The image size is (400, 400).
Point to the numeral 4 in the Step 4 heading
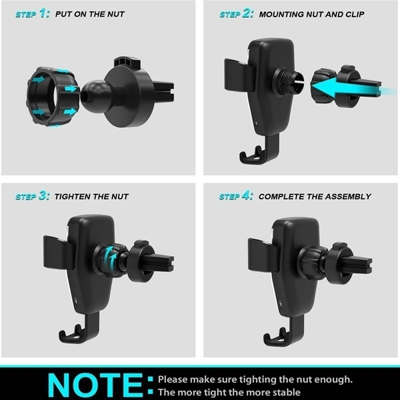pyautogui.click(x=246, y=196)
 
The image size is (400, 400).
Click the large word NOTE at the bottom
pyautogui.click(x=95, y=385)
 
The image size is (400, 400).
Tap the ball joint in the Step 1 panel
pyautogui.click(x=95, y=95)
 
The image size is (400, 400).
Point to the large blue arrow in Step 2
pyautogui.click(x=352, y=89)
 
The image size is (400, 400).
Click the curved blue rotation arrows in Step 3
pyautogui.click(x=109, y=257)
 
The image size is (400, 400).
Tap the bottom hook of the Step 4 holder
pyautogui.click(x=283, y=333)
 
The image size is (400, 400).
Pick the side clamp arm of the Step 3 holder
pyautogui.click(x=58, y=252)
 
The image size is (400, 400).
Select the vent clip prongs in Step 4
pyautogui.click(x=357, y=263)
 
